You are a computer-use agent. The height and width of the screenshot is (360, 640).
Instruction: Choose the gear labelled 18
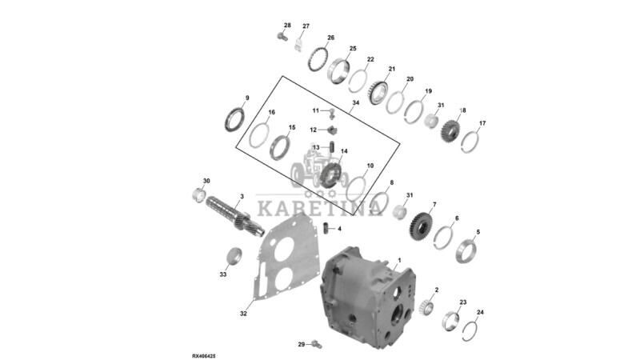(450, 130)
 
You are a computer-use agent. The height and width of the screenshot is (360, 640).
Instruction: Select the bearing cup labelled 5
(465, 250)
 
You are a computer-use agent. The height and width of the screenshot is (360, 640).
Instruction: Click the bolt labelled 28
(280, 36)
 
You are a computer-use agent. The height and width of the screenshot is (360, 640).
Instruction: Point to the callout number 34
(355, 103)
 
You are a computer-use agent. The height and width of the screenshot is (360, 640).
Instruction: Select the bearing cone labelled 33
(234, 257)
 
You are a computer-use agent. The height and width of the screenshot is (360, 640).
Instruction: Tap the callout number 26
(330, 38)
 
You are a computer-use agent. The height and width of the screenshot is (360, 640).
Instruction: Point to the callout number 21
(392, 70)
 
